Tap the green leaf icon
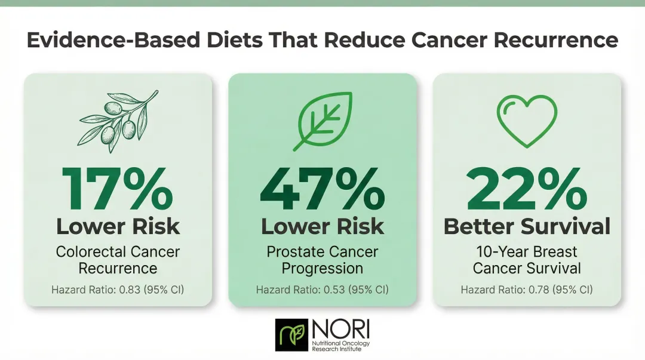coord(322,119)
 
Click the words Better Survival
coord(527,227)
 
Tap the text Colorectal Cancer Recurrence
coord(118,260)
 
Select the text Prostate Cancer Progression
coord(322,260)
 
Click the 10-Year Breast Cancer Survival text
coord(527,260)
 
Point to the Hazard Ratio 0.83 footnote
coord(118,290)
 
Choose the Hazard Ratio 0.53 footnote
coord(322,290)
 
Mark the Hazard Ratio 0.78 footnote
coord(527,290)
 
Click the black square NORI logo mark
coord(291,335)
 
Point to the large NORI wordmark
coord(341,330)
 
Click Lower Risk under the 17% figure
coord(118,227)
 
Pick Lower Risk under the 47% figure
coord(322,227)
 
